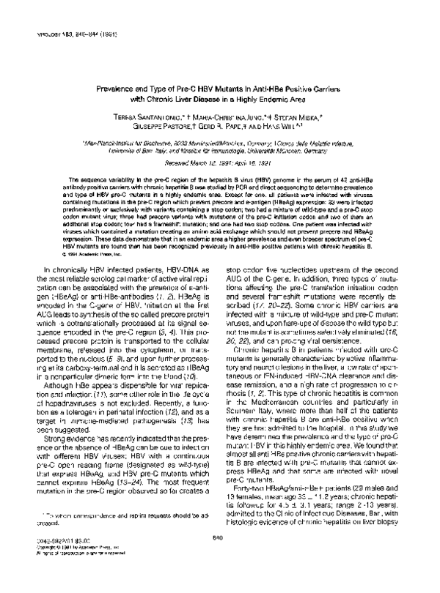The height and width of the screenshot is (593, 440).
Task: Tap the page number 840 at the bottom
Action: pos(221,558)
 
